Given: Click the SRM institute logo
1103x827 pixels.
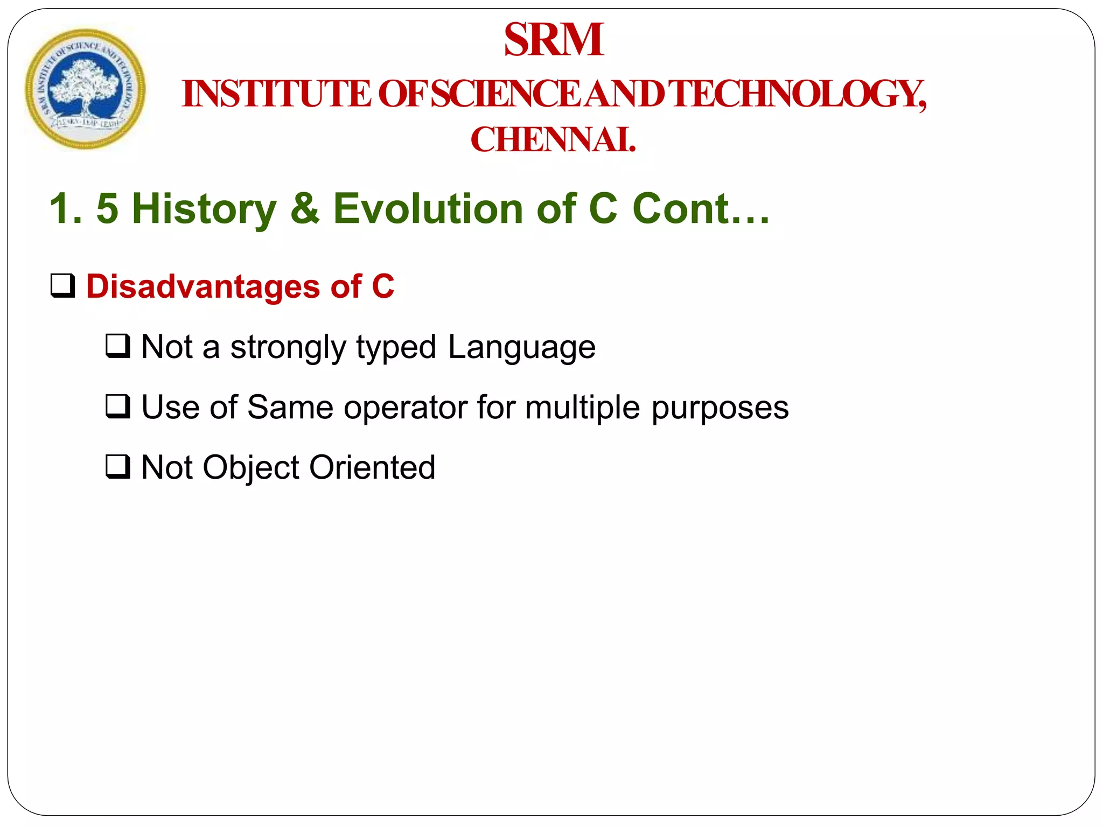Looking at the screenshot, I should [85, 89].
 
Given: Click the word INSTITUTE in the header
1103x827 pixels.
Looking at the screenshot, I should [276, 94].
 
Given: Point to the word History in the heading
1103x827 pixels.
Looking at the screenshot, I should [204, 209].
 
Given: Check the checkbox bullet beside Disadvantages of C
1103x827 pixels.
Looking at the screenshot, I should [63, 285].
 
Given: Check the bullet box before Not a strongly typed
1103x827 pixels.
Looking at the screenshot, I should [118, 346].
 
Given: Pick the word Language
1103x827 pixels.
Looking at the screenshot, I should [521, 347].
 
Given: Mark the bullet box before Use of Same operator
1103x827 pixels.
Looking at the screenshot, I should [118, 407].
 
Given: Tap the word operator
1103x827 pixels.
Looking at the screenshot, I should [406, 408].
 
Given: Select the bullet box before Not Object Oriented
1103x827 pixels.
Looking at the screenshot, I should [118, 467].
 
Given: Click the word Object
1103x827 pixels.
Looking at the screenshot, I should [250, 468].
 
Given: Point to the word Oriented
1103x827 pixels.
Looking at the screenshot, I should [372, 467].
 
